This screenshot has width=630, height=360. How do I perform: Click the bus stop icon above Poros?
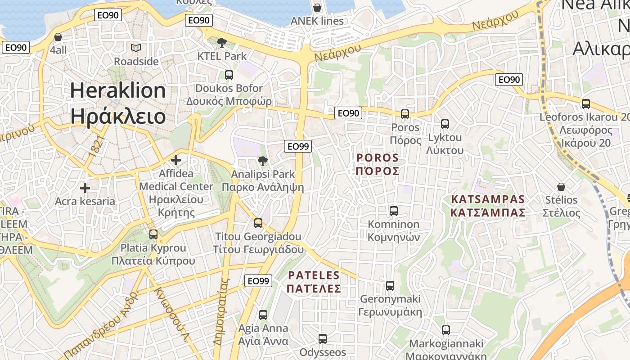pyautogui.click(x=405, y=114)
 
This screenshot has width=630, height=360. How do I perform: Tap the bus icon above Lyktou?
pyautogui.click(x=445, y=124)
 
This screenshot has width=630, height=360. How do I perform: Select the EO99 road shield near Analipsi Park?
pyautogui.click(x=298, y=146)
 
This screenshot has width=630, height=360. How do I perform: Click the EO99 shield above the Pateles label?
pyautogui.click(x=258, y=281)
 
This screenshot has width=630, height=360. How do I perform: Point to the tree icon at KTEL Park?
pyautogui.click(x=221, y=43)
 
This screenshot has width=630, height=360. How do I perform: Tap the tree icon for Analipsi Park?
pyautogui.click(x=262, y=161)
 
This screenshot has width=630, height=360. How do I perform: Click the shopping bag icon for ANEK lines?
pyautogui.click(x=317, y=8)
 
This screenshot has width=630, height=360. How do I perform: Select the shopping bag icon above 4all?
pyautogui.click(x=58, y=37)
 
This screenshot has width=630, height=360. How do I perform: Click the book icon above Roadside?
pyautogui.click(x=136, y=48)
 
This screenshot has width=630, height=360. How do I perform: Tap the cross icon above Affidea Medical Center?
pyautogui.click(x=176, y=160)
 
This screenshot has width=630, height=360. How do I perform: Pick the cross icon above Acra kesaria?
pyautogui.click(x=85, y=188)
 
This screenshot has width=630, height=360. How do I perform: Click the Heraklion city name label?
pyautogui.click(x=118, y=103)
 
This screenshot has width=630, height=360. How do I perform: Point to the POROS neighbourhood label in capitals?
pyautogui.click(x=378, y=164)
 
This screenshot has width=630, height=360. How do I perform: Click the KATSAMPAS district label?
pyautogui.click(x=488, y=206)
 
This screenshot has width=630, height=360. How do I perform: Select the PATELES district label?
pyautogui.click(x=314, y=282)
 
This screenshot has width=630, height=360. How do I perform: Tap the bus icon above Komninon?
pyautogui.click(x=394, y=211)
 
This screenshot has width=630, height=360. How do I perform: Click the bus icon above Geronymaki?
pyautogui.click(x=390, y=285)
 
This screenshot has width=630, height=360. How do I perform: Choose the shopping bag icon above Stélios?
pyautogui.click(x=561, y=186)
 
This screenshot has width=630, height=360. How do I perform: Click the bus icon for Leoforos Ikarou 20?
pyautogui.click(x=586, y=104)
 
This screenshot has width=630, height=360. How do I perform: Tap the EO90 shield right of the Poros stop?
pyautogui.click(x=509, y=80)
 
